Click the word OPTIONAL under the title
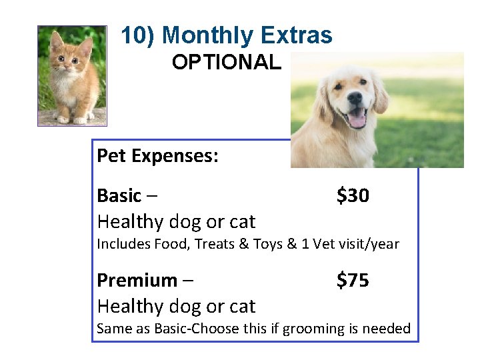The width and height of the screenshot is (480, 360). click(226, 63)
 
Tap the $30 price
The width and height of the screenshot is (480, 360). click(353, 196)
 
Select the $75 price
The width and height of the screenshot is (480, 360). click(353, 281)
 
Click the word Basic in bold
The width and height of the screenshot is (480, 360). click(119, 196)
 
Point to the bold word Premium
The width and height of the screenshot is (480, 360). click(137, 281)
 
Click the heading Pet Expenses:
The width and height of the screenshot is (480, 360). click(157, 156)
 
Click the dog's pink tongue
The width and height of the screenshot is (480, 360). click(357, 120)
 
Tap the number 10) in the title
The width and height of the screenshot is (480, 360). click(138, 35)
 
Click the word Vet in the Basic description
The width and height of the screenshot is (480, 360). click(325, 244)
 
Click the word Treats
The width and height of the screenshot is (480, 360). click(222, 244)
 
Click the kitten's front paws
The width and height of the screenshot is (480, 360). click(71, 119)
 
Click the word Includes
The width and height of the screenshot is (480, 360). click(123, 244)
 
